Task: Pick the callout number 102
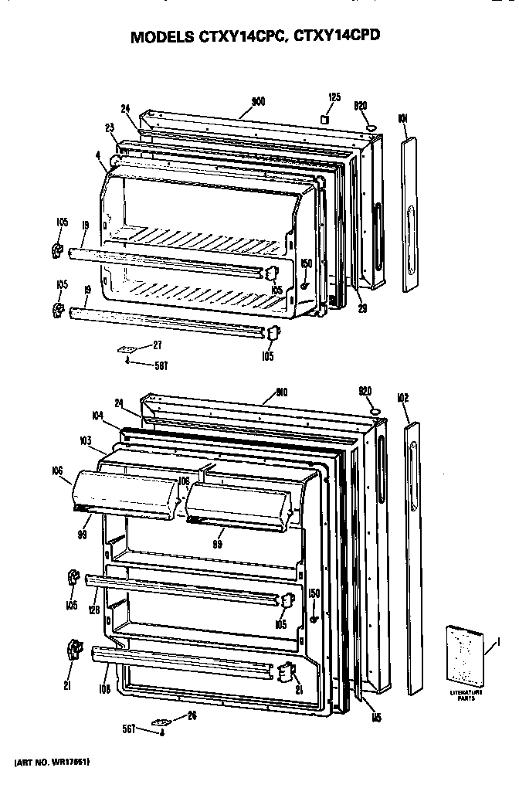pos(402,399)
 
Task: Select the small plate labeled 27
pos(127,349)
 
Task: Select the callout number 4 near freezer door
pos(99,155)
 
